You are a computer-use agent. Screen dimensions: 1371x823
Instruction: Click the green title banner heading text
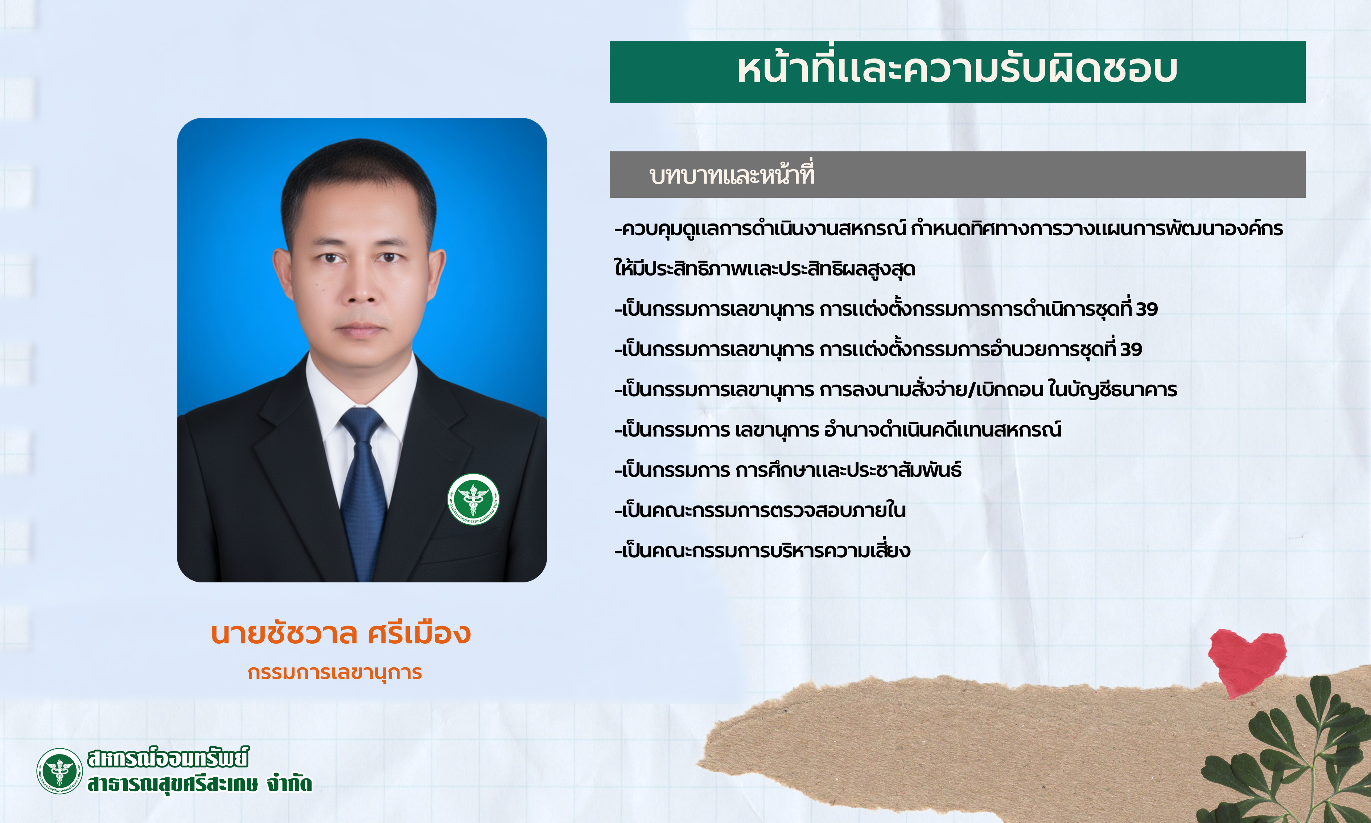click(957, 70)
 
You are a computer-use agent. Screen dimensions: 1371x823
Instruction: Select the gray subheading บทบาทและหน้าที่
click(732, 174)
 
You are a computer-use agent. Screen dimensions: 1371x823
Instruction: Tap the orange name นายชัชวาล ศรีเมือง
click(341, 633)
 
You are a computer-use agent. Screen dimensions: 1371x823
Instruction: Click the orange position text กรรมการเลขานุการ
click(335, 672)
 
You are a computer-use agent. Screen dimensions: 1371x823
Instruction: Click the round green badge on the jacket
click(473, 499)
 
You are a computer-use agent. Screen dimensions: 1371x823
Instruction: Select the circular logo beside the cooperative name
click(59, 771)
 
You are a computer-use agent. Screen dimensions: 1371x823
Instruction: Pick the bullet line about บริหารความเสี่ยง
click(762, 550)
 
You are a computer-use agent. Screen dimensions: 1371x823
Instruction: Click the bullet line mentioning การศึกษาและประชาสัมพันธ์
click(787, 470)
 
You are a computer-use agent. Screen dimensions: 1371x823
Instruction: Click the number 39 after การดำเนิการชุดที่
click(1146, 309)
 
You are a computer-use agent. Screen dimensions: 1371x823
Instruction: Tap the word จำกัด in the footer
click(289, 783)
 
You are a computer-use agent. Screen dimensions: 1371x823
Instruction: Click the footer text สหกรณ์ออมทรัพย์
click(168, 758)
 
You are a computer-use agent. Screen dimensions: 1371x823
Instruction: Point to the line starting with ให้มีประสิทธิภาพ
click(765, 269)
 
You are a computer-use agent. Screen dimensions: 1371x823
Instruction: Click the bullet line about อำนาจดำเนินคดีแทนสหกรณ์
click(837, 429)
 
